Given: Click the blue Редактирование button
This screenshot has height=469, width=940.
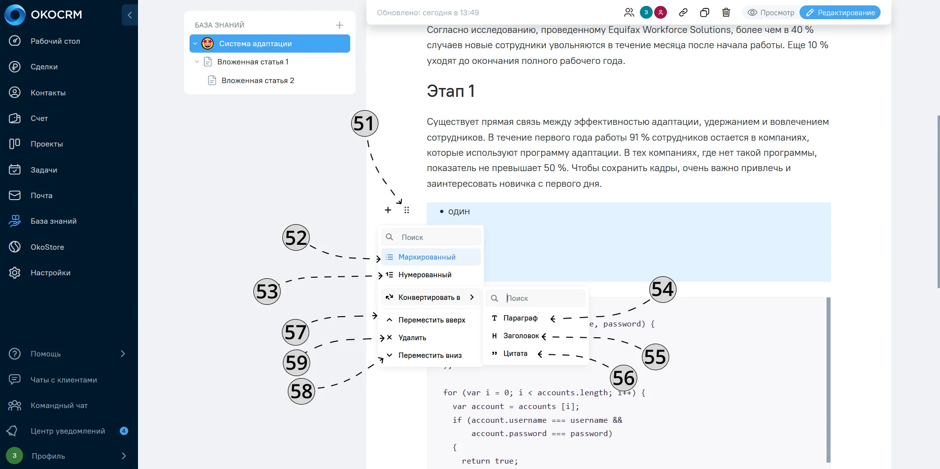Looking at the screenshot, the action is click(x=840, y=13).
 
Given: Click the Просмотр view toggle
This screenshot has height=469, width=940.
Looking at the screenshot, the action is click(x=771, y=13).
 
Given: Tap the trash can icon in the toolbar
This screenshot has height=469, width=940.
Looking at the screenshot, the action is click(x=726, y=13).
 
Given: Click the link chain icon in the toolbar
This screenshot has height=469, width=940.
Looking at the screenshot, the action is click(x=683, y=13).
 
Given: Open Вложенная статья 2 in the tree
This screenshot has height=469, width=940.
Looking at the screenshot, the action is click(x=257, y=81).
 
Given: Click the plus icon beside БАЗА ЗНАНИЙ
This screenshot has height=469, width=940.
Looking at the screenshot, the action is click(x=339, y=25).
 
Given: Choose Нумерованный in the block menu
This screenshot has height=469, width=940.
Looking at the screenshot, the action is click(x=424, y=275).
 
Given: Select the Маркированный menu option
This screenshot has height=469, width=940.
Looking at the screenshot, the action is click(x=427, y=257).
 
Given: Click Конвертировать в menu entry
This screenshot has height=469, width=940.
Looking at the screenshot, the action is click(x=429, y=297).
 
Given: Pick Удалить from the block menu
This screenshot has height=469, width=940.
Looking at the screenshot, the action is click(x=412, y=338).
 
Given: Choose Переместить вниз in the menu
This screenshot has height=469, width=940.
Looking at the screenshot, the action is click(x=430, y=355).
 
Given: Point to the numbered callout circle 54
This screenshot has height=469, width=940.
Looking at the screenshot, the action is click(x=663, y=289).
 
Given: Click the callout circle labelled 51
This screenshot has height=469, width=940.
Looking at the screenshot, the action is click(x=365, y=123).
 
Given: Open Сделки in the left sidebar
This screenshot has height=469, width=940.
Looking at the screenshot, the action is click(x=44, y=67).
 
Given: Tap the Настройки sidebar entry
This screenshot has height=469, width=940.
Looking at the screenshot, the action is click(x=50, y=273).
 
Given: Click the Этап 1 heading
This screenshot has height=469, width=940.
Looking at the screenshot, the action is click(x=450, y=91).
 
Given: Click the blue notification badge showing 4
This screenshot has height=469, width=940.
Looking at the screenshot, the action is click(x=124, y=431).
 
